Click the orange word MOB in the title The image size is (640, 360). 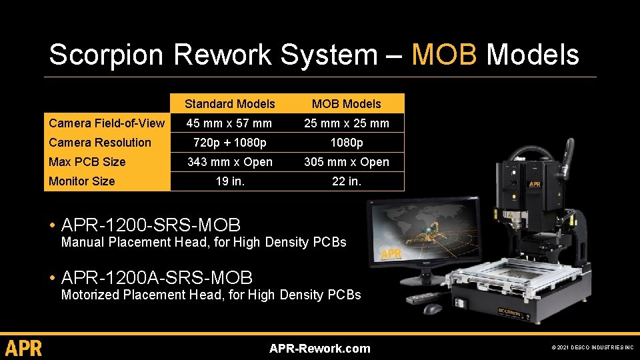(x=444, y=55)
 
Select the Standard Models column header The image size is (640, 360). (x=229, y=103)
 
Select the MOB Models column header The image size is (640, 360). (x=346, y=103)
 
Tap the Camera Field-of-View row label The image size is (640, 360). (x=107, y=123)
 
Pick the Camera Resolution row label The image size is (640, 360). (x=100, y=142)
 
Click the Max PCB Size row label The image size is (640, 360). (x=87, y=161)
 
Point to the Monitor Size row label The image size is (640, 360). (x=82, y=181)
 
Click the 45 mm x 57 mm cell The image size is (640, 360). (x=229, y=123)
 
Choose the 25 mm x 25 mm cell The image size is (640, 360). (x=346, y=123)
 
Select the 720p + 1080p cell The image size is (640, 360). (x=229, y=142)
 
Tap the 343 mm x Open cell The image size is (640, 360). (x=229, y=161)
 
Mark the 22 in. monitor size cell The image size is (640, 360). (x=346, y=181)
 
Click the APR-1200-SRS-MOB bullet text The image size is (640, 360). (x=151, y=225)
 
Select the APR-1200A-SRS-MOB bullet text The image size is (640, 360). (x=157, y=277)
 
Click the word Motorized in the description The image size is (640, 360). (x=90, y=295)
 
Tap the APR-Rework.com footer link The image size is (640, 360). (x=319, y=348)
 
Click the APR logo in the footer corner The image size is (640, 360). (x=24, y=348)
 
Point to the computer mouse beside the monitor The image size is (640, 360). (x=432, y=309)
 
